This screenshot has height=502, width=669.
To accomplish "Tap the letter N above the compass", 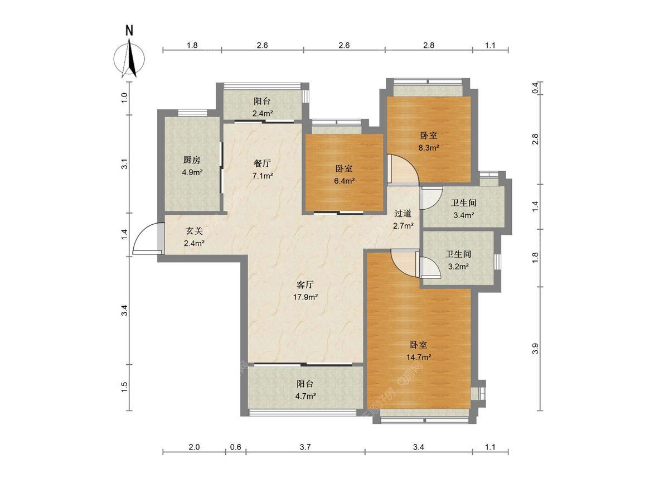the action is click(129, 31).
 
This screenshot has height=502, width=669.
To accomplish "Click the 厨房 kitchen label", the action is click(192, 160).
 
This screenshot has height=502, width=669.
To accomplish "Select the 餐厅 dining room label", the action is click(262, 163).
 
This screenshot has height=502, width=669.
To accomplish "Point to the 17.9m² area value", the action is click(305, 297).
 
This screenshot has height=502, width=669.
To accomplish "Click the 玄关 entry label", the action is click(194, 231).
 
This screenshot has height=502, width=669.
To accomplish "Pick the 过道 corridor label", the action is click(403, 214).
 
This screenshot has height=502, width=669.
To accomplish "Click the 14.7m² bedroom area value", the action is click(419, 357).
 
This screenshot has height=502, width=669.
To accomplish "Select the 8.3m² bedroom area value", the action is click(429, 148).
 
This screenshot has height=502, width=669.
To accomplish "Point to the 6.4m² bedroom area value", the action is click(344, 181).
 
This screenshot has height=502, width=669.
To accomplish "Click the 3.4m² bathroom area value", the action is click(464, 215).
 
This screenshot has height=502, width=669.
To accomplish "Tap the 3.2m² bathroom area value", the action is click(458, 267).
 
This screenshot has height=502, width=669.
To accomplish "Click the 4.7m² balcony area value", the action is click(305, 396).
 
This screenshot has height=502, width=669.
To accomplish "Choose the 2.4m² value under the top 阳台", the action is click(262, 114).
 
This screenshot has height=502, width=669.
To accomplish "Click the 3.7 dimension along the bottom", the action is click(305, 447).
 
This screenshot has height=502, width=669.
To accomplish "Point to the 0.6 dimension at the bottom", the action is click(236, 447).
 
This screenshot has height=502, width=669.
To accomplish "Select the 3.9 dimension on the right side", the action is click(535, 349).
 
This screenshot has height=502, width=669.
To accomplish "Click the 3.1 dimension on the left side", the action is click(124, 164).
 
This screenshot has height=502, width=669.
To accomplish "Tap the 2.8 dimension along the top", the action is click(429, 45).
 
